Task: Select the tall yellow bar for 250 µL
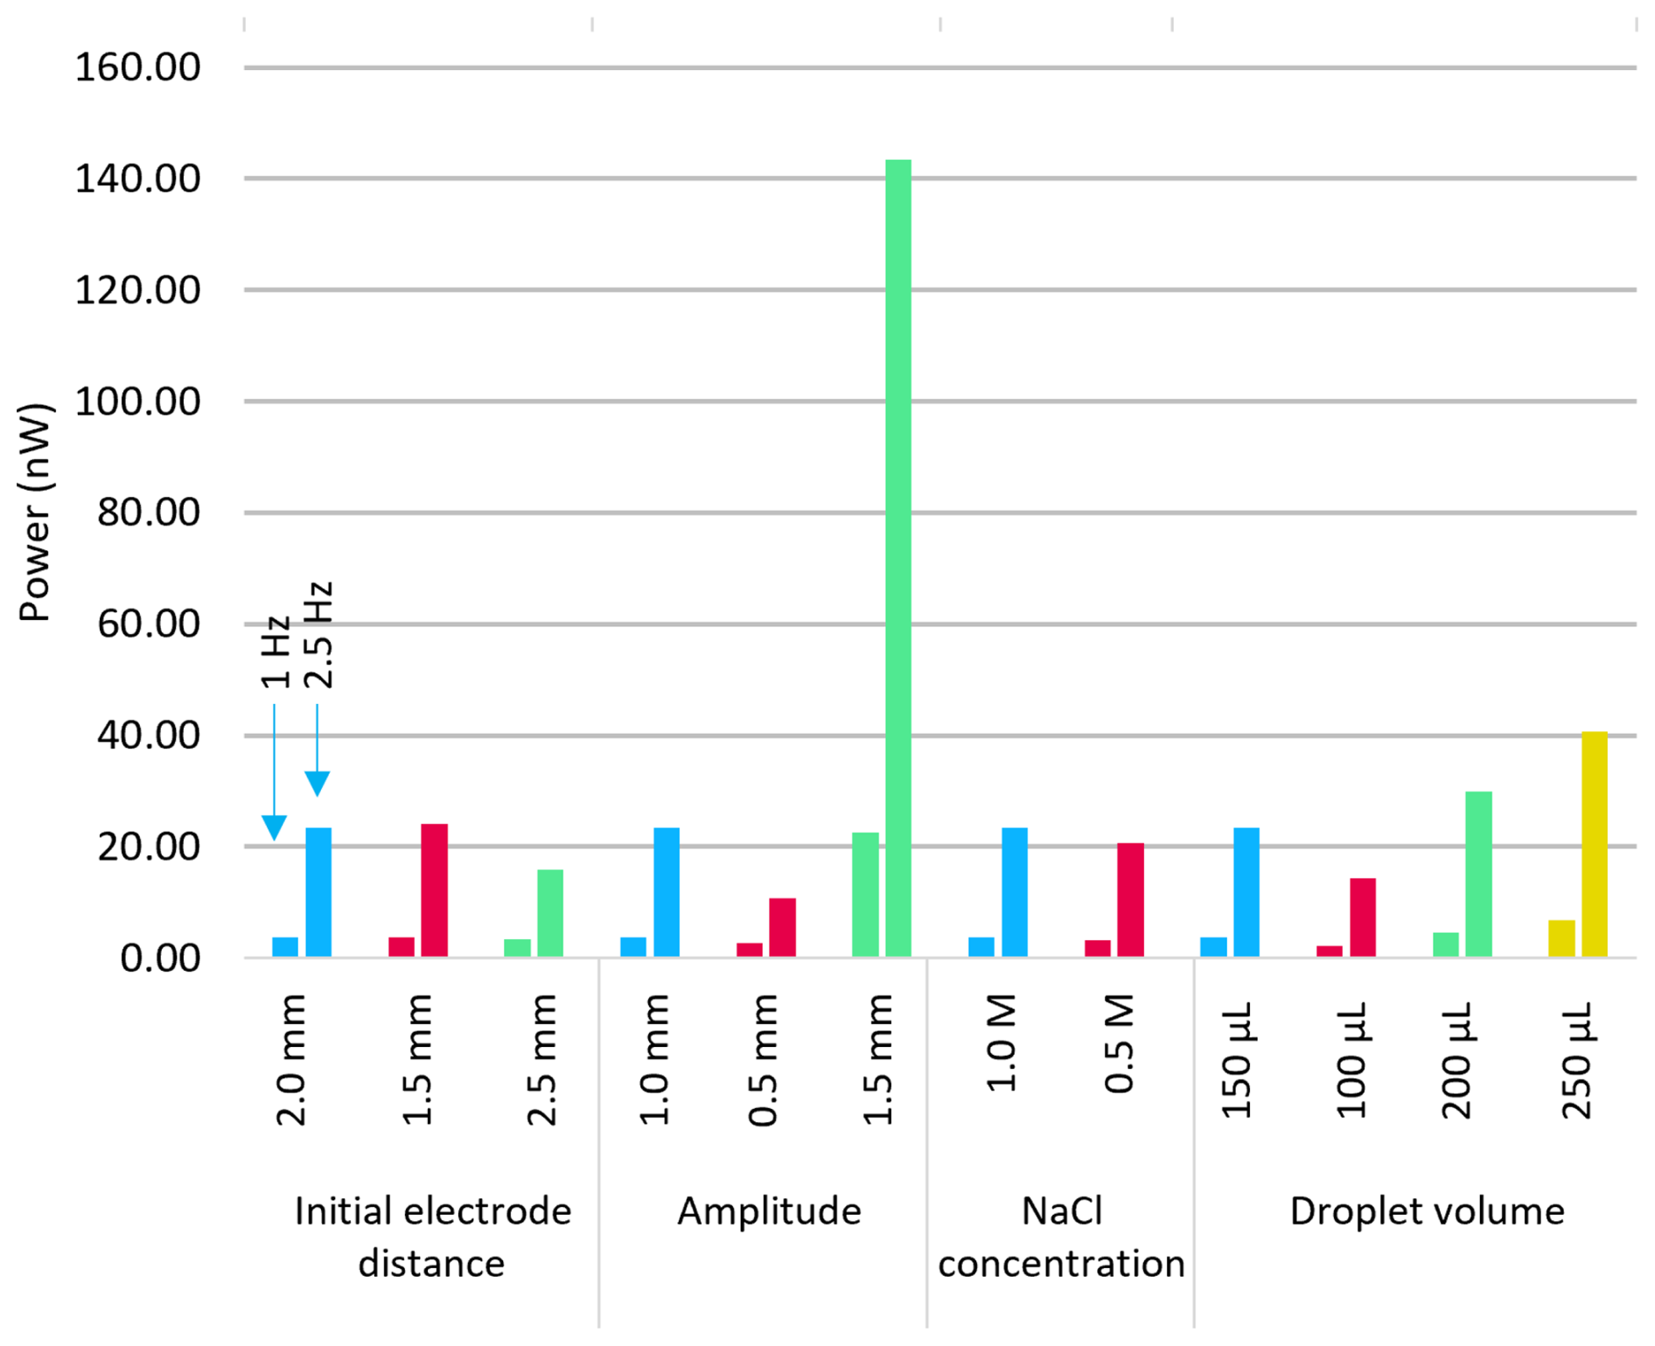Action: coord(1594,844)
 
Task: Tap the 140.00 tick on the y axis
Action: coord(137,179)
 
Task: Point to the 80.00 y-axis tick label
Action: coord(149,513)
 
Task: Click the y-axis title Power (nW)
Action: coord(35,512)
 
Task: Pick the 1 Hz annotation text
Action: coord(275,652)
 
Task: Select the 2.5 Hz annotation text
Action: coord(318,634)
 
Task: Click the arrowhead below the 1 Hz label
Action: coord(274,826)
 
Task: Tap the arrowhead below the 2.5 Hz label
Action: coord(318,783)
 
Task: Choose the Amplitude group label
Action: coord(769,1211)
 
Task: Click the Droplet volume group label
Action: coord(1427,1211)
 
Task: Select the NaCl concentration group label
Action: coord(1061,1238)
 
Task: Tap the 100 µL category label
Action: coord(1351,1060)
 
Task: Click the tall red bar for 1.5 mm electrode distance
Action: coord(434,890)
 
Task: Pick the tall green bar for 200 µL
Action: coord(1478,874)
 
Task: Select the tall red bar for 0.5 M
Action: coord(1130,900)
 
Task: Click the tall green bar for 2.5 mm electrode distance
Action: coord(550,913)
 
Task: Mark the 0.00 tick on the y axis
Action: coord(160,959)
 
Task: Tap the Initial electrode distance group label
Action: coord(432,1238)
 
